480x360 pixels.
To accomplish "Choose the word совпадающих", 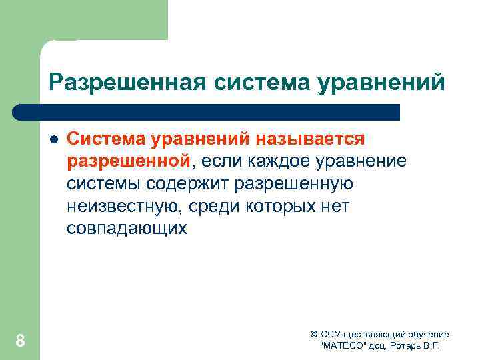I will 127,229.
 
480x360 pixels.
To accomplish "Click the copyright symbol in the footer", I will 314,334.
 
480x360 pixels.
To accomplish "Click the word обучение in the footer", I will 426,334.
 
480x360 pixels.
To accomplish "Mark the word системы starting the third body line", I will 100,183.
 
